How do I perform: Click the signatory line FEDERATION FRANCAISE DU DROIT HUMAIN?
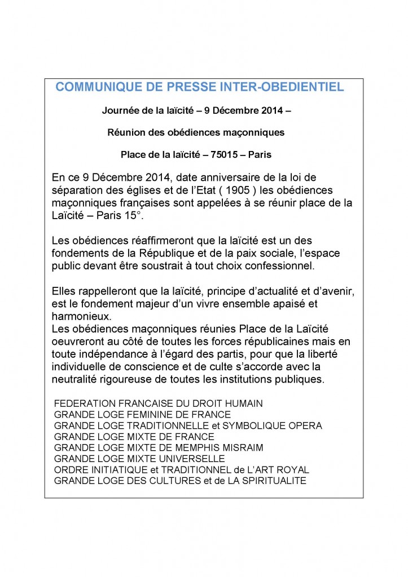coord(159,404)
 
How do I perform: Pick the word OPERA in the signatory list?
coord(305,425)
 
